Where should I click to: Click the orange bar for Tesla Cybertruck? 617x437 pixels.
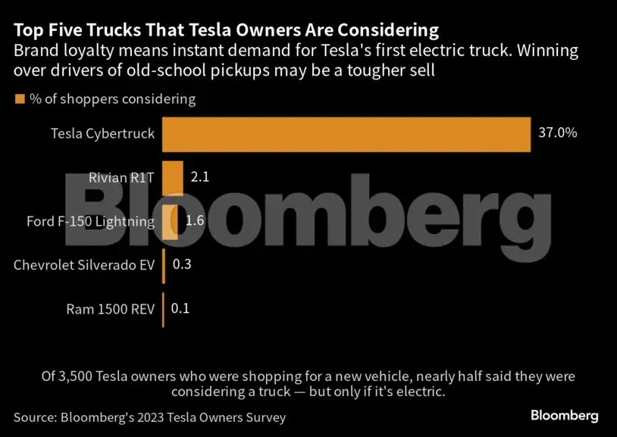point(346,133)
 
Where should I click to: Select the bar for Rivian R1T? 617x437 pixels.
point(172,177)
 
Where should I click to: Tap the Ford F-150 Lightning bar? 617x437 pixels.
point(170,221)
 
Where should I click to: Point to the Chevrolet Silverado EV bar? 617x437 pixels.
point(164,265)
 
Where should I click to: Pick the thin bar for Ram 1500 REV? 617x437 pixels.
point(163,309)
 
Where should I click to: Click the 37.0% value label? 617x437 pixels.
point(558,133)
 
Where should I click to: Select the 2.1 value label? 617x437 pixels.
point(199,177)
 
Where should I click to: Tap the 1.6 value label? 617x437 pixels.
point(195,221)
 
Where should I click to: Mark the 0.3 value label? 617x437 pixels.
point(182,265)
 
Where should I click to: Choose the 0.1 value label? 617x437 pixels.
point(180,309)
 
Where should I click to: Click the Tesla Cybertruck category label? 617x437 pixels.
point(102,133)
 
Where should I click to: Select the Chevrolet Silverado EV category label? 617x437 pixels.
point(84,265)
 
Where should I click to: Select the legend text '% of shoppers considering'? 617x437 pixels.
point(112,99)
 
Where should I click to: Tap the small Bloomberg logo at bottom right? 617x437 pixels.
point(564,416)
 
